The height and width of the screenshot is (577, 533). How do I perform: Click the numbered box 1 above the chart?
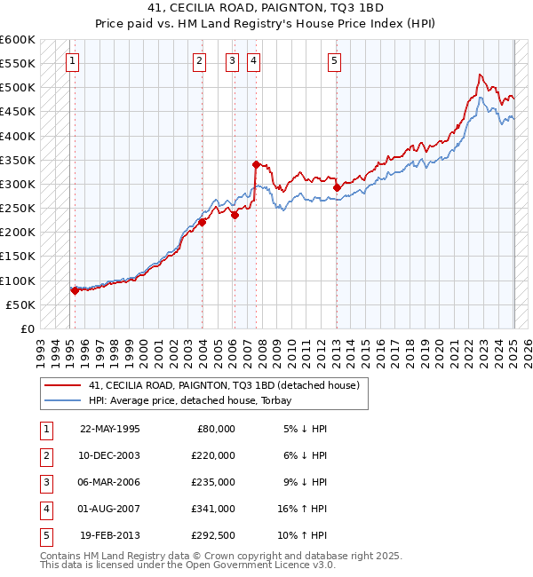pos(71,61)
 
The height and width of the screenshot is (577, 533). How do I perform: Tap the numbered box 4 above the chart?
pos(253,61)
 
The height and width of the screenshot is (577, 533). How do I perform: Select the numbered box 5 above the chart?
pos(334,61)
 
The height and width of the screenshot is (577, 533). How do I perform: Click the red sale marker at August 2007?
pos(256,164)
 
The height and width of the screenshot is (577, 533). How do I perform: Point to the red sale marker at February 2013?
pos(337,188)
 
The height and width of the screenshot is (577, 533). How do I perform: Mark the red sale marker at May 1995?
pos(75,290)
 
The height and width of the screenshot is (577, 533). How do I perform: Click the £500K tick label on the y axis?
pos(18,88)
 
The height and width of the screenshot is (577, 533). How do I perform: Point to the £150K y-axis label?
pos(18,257)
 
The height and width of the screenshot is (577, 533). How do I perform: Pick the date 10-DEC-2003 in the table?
pos(110,455)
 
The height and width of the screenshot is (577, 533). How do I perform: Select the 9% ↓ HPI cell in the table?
pos(306,482)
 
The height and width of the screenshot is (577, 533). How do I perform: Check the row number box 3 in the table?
pos(45,482)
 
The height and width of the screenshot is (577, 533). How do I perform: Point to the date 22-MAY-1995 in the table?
pos(110,429)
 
